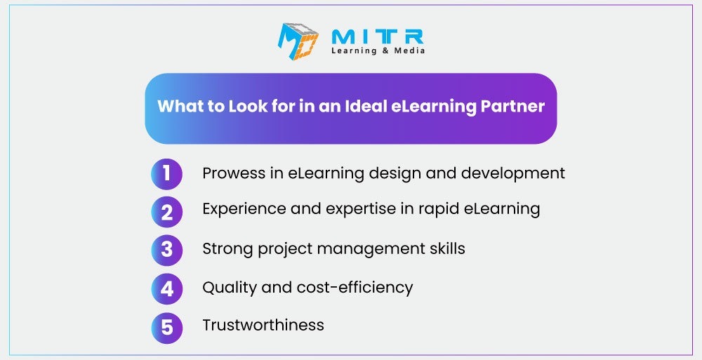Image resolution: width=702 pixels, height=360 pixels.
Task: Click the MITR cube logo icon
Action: (298, 41)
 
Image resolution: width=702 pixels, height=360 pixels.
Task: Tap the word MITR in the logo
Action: (378, 37)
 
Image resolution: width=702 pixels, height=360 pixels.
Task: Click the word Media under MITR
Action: (409, 51)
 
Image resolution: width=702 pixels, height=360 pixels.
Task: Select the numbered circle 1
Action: (166, 174)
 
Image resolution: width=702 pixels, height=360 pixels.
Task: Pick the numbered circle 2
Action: (166, 212)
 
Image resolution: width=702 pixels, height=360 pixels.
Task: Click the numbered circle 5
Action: (166, 328)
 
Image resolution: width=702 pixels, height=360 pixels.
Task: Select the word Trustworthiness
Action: (263, 325)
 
